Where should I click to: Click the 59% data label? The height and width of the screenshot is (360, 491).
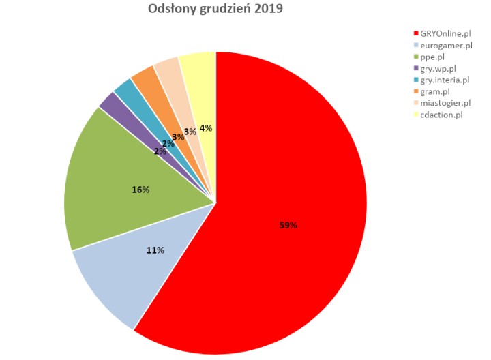pyautogui.click(x=288, y=225)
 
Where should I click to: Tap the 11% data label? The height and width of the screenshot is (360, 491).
pyautogui.click(x=155, y=250)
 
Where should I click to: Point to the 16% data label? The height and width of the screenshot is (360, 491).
pyautogui.click(x=141, y=189)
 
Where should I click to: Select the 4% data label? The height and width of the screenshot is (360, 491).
pyautogui.click(x=205, y=127)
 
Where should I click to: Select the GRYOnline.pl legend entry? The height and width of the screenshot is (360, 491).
pyautogui.click(x=445, y=33)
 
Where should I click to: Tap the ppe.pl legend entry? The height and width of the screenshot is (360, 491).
pyautogui.click(x=434, y=57)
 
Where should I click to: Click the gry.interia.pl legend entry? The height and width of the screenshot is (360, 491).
pyautogui.click(x=444, y=80)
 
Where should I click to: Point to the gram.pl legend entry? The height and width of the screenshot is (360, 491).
pyautogui.click(x=435, y=91)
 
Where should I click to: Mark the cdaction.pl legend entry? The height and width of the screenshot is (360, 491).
pyautogui.click(x=441, y=115)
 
